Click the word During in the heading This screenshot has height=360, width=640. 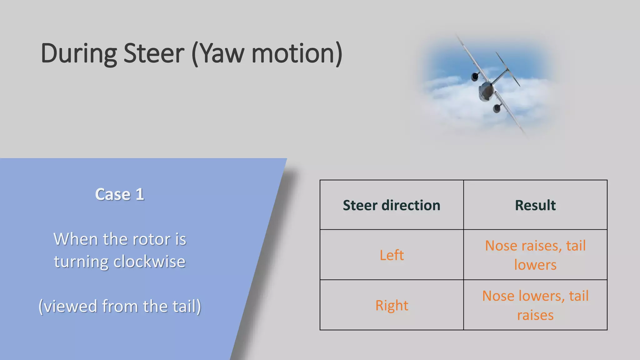click(x=79, y=54)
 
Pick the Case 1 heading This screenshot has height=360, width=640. click(x=119, y=194)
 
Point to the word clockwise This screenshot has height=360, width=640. click(x=149, y=262)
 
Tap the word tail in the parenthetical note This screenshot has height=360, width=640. click(x=186, y=306)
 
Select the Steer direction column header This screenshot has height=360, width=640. click(x=392, y=205)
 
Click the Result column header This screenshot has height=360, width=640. click(x=535, y=205)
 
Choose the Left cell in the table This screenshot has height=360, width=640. click(x=392, y=255)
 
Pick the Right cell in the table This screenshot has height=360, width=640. click(x=392, y=305)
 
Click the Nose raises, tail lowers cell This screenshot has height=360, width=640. click(x=535, y=255)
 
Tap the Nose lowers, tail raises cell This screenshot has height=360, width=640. click(x=535, y=305)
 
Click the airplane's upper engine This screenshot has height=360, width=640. click(x=475, y=76)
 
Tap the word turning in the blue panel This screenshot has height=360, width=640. click(x=81, y=262)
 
